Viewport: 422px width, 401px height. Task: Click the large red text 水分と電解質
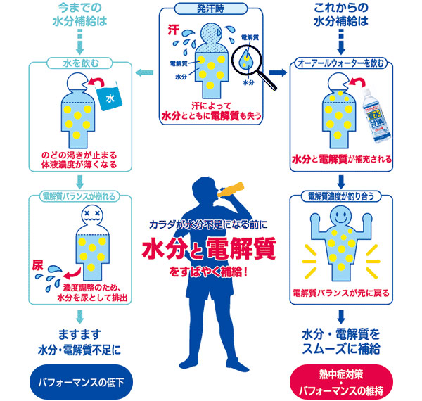click(210, 249)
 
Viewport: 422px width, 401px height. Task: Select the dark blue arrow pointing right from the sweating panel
click(279, 71)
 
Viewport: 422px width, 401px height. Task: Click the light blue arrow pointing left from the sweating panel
click(143, 71)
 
